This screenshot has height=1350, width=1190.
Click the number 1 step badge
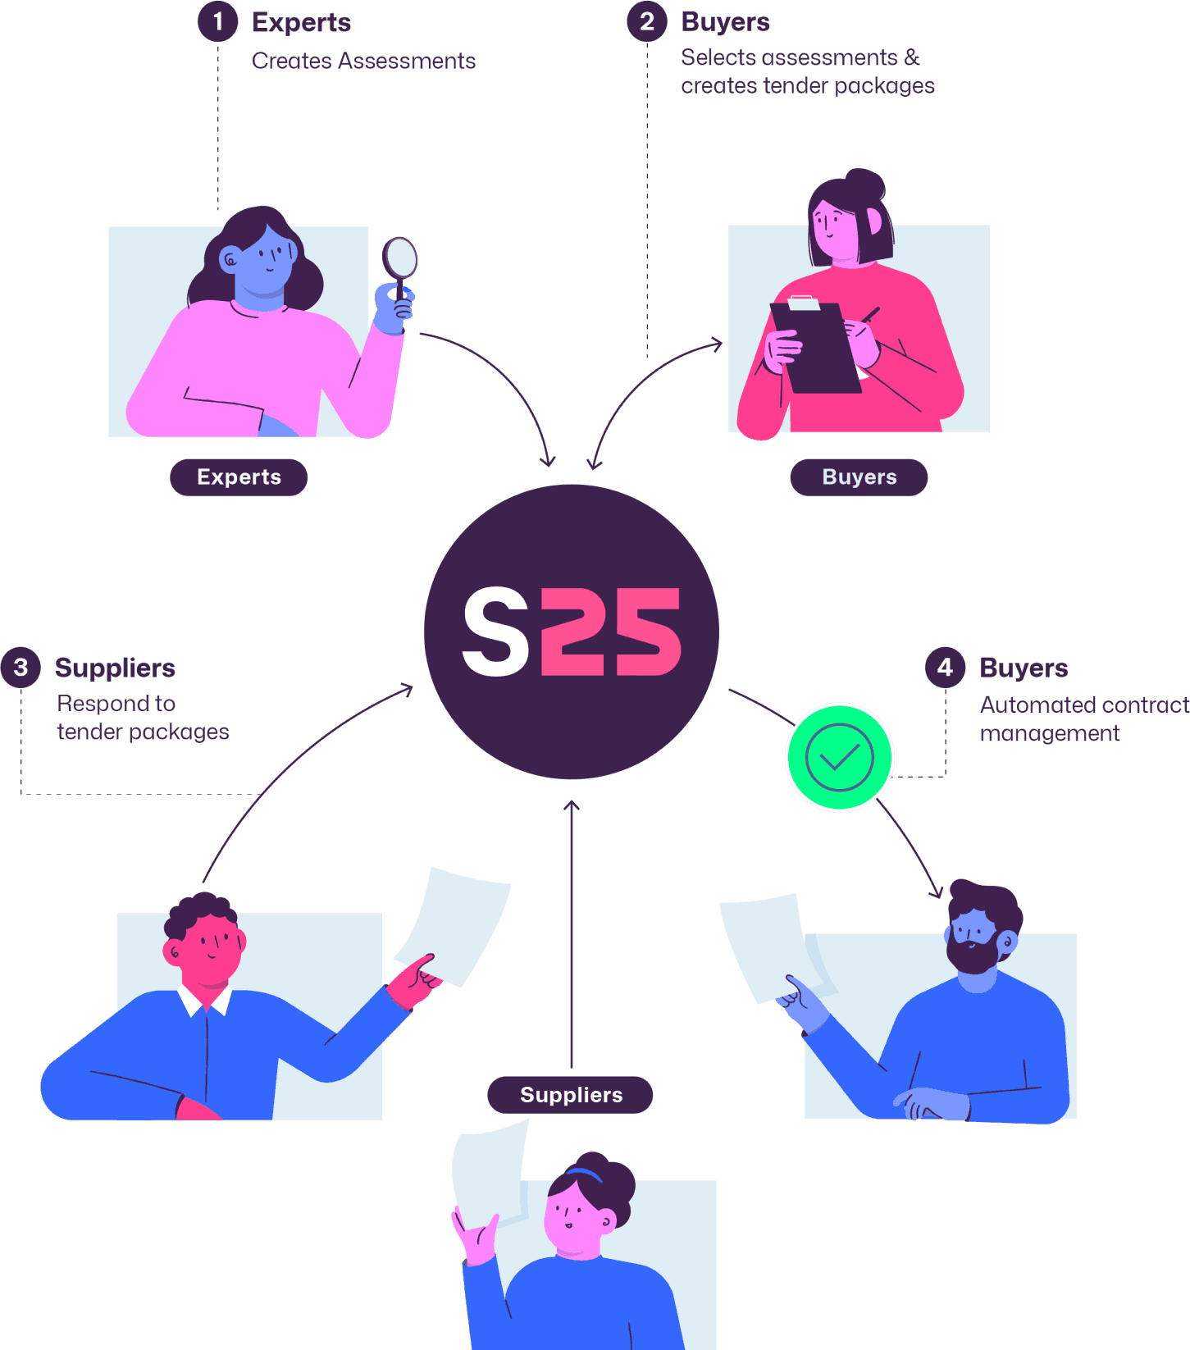click(x=217, y=21)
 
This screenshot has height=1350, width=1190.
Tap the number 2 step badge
click(x=647, y=21)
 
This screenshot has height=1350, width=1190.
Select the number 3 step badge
click(x=21, y=668)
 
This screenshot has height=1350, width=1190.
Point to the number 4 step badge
click(x=945, y=668)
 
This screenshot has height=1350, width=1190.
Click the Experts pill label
click(x=239, y=477)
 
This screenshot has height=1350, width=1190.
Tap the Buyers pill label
click(x=859, y=477)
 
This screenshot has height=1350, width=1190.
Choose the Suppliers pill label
click(x=571, y=1095)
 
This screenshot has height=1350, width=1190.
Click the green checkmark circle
click(x=839, y=757)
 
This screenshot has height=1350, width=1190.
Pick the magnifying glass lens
click(x=401, y=258)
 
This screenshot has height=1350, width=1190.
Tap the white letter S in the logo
click(x=496, y=632)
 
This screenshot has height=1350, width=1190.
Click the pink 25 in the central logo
click(x=611, y=632)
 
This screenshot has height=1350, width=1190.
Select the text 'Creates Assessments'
click(x=363, y=61)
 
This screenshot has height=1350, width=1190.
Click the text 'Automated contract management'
click(x=1083, y=718)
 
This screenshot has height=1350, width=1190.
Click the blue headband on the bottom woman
click(x=585, y=1174)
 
